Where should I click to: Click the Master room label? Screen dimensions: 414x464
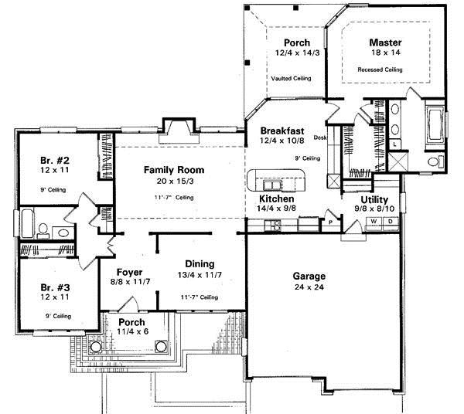coord(384,42)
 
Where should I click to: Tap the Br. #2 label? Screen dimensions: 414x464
coord(55,161)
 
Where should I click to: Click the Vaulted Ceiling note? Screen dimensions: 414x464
coord(292,79)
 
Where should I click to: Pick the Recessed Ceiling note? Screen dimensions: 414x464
coord(380,70)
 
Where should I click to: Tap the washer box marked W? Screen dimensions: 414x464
coord(374,222)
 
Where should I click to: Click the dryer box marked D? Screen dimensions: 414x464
coord(389,222)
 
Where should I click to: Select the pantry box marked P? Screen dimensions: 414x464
coord(330,222)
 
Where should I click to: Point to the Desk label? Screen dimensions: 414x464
coord(321,137)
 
